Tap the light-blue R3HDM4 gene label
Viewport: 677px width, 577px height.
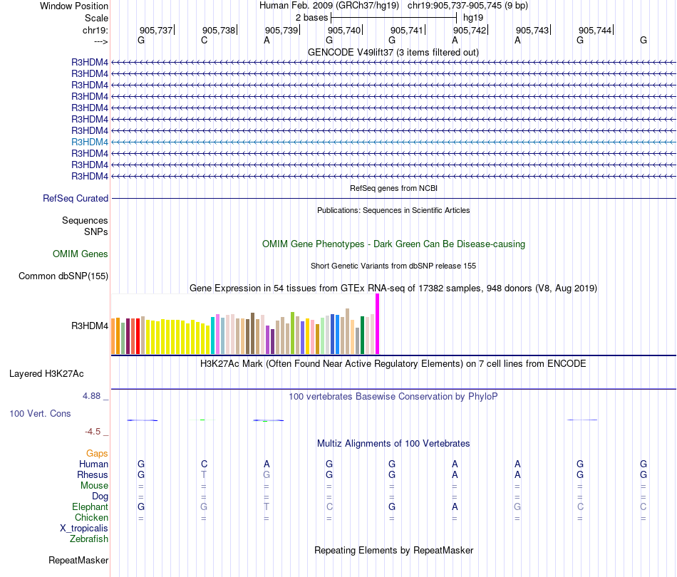point(90,142)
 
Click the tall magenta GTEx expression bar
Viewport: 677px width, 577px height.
point(378,324)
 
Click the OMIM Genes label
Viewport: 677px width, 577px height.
point(81,254)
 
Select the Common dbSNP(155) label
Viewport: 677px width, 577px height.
point(63,276)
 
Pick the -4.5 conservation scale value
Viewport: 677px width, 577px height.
point(95,431)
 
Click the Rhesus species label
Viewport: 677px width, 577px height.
point(93,475)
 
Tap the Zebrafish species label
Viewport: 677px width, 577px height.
point(89,539)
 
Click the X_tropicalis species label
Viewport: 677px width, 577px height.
point(84,529)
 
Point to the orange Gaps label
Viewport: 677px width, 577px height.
point(97,453)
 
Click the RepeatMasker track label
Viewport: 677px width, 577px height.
point(78,561)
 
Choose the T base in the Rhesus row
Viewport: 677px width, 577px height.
point(204,475)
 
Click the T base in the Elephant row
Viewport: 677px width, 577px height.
point(267,507)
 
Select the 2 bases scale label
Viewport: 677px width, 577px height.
point(312,17)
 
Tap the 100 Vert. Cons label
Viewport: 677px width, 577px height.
point(40,414)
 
